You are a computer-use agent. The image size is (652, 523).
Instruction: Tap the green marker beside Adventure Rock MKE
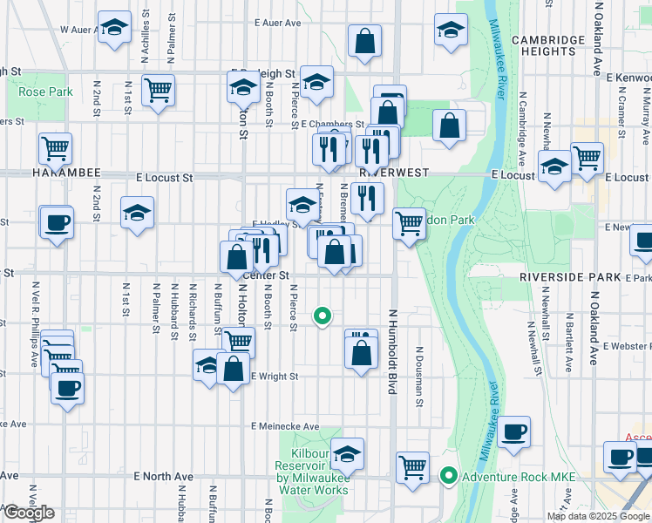coord(449,476)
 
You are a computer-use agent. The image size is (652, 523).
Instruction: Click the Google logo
coord(28,513)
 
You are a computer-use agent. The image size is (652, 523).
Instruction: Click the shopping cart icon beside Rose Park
coord(158,89)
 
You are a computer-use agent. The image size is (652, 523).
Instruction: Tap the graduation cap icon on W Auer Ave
coord(113,28)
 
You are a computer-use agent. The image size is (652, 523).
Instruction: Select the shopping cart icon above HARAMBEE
coord(55,148)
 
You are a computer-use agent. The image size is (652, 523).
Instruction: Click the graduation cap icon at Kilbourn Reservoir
coord(347,452)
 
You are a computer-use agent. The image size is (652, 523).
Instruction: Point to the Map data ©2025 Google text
coord(598,516)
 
